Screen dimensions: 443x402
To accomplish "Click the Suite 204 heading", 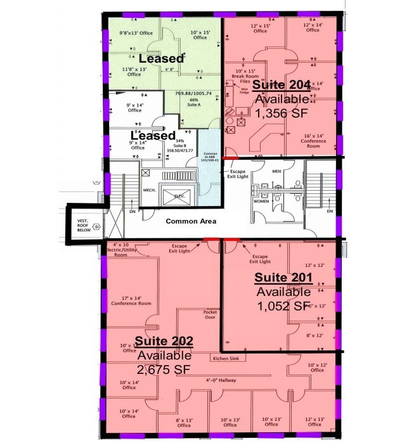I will (x=281, y=86).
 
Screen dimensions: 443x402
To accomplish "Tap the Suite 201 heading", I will (x=283, y=278).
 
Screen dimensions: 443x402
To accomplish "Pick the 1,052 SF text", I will (x=284, y=306).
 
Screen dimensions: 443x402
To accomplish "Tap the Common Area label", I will (x=191, y=221).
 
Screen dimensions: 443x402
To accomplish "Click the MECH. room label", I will (x=150, y=189).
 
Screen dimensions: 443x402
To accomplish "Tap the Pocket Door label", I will (x=210, y=315).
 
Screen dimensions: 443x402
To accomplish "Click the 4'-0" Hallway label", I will (x=221, y=380).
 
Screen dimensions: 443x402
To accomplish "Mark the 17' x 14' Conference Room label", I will (x=131, y=300).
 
